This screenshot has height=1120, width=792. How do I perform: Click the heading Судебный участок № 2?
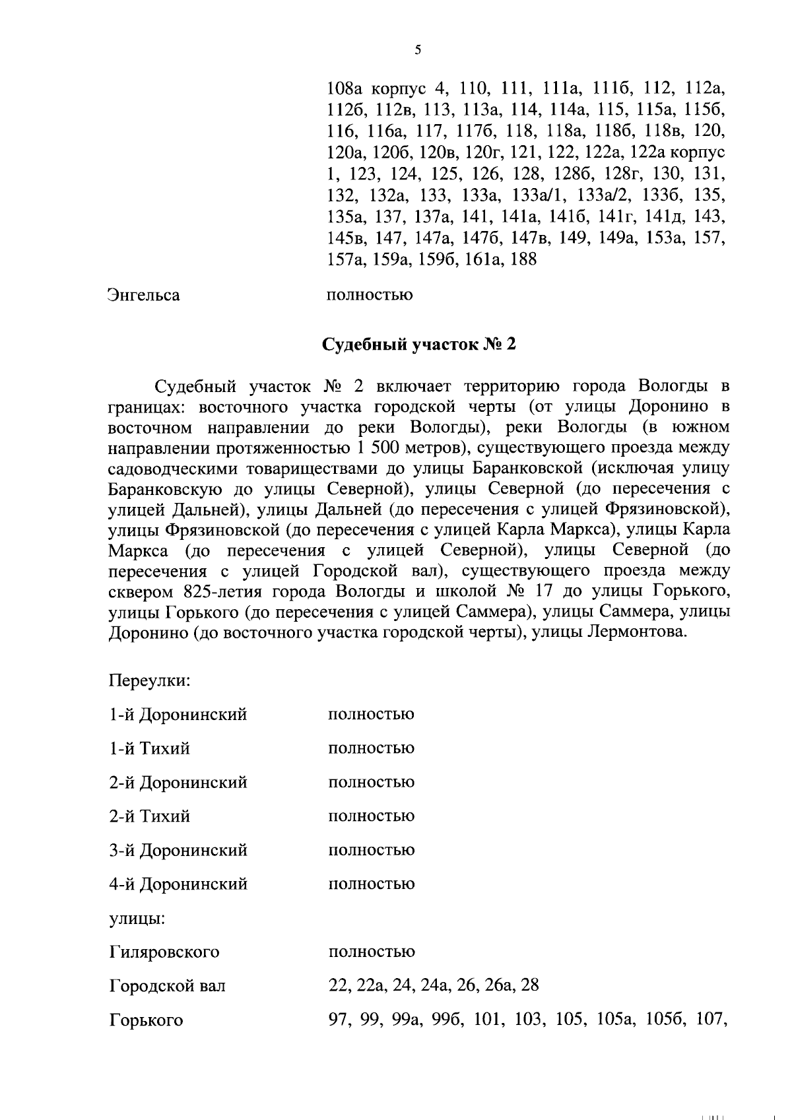click(x=418, y=345)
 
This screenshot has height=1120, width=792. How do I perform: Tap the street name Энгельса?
click(x=144, y=294)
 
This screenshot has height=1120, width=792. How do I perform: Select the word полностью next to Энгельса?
click(x=370, y=294)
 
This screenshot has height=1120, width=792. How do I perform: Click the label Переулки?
click(x=150, y=680)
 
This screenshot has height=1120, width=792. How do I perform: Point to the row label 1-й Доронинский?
click(x=178, y=714)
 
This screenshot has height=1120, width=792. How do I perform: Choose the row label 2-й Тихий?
click(x=149, y=816)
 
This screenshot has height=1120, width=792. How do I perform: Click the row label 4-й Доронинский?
click(x=178, y=884)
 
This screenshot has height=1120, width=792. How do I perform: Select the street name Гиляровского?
click(x=164, y=952)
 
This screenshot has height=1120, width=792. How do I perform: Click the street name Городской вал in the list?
click(x=167, y=986)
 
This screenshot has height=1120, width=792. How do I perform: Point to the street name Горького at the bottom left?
click(x=145, y=1020)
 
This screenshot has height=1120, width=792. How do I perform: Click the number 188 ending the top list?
click(x=523, y=259)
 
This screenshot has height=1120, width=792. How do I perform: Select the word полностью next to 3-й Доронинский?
click(x=371, y=850)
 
